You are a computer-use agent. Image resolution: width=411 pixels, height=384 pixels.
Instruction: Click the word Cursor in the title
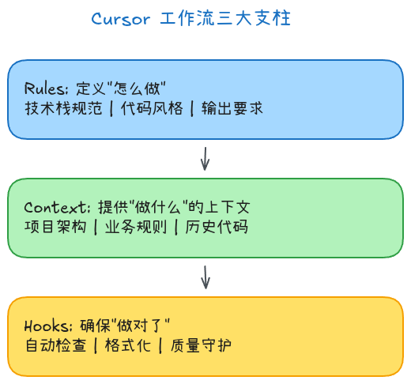click(120, 19)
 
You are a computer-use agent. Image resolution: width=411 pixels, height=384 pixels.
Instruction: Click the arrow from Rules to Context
click(205, 158)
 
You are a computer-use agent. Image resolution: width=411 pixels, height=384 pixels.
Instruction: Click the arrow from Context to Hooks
click(205, 277)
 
